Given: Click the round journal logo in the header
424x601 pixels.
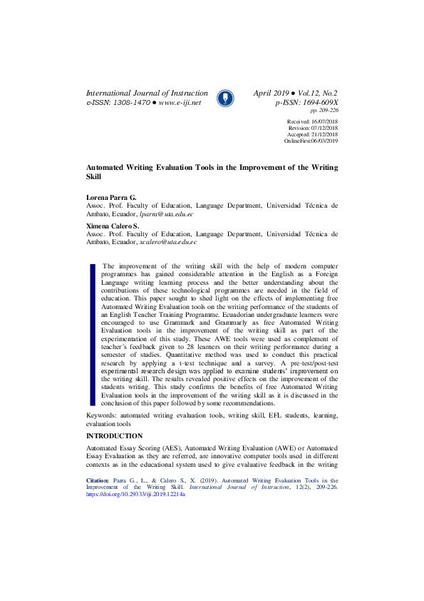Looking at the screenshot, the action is tap(224, 98).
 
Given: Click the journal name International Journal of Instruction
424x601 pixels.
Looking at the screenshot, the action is tap(147, 94).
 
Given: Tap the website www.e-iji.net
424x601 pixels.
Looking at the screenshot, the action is tap(180, 103).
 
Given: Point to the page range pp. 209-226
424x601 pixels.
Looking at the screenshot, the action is tap(324, 111).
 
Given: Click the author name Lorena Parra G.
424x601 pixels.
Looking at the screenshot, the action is tap(111, 196).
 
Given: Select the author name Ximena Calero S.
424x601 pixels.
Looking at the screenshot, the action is tap(113, 226).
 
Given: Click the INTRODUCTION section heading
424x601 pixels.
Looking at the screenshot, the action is tap(114, 435).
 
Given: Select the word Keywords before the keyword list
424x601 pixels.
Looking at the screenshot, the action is tap(100, 415).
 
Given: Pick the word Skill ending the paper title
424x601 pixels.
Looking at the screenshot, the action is tap(94, 176).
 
